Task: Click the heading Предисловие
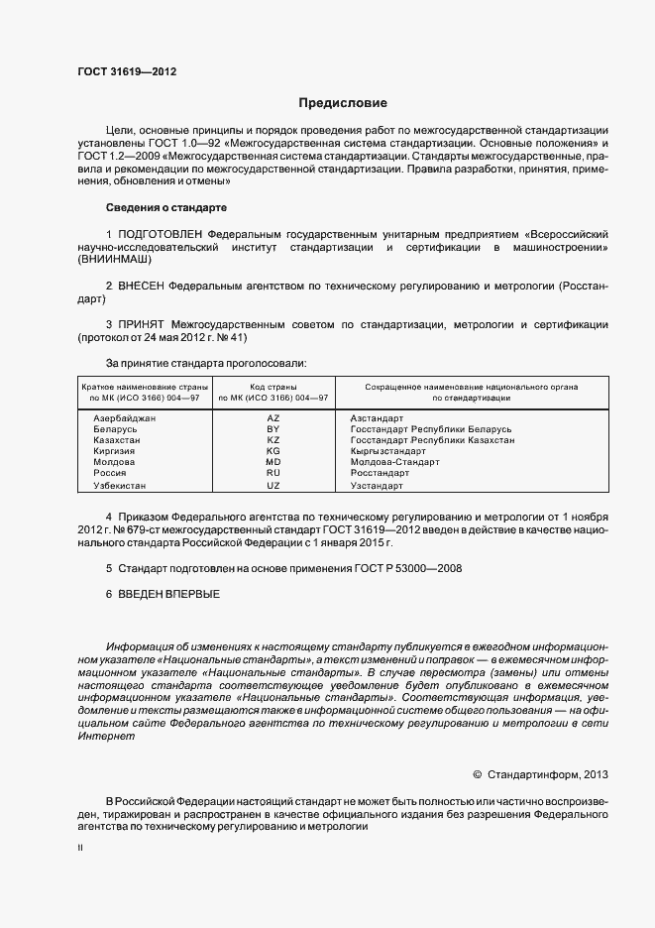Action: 344,102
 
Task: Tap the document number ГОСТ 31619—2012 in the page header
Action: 128,72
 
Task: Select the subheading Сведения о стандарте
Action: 166,207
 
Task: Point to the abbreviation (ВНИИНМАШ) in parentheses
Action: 116,259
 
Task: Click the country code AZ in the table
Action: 273,418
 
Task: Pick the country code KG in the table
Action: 273,451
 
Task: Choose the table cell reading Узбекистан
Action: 119,487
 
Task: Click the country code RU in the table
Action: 273,473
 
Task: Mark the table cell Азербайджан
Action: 124,418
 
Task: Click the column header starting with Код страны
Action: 273,391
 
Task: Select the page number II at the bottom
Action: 80,849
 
